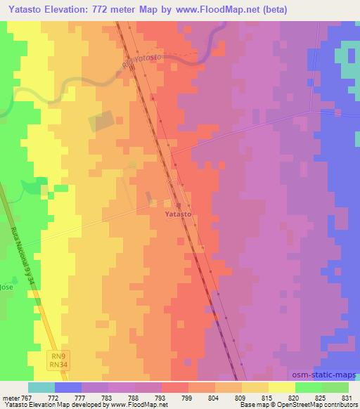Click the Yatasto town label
[179, 213]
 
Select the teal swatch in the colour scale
[41, 387]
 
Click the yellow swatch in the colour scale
[281, 387]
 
